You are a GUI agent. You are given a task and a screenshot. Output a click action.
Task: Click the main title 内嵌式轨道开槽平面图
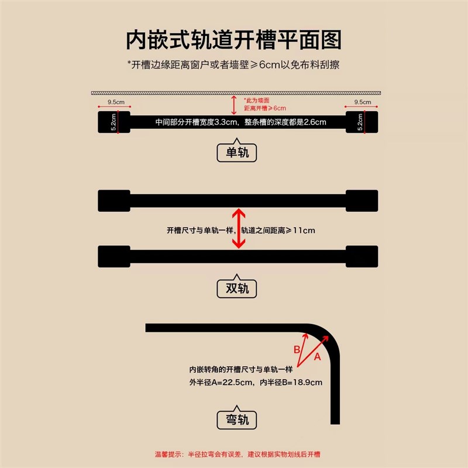pos(234,40)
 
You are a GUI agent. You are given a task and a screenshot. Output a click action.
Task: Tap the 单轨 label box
pos(237,153)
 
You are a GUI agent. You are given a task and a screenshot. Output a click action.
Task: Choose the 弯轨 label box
pos(237,419)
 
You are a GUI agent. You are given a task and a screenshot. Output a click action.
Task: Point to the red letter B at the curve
pos(297,350)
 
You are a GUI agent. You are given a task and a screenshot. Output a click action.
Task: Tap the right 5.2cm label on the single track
pos(362,122)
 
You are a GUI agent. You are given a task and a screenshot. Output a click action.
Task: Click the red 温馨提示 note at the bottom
pos(237,454)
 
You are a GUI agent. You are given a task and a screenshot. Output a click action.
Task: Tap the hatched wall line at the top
pos(237,93)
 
